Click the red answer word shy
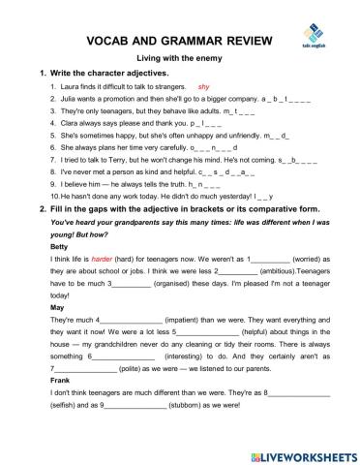tap(203, 86)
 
